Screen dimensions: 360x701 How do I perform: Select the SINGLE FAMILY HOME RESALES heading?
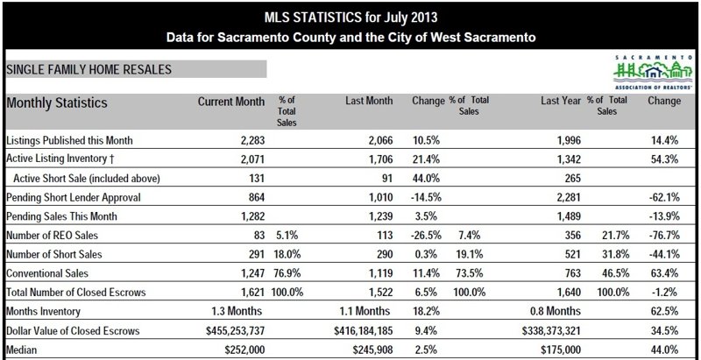pyautogui.click(x=89, y=68)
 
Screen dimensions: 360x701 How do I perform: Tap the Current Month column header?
pyautogui.click(x=230, y=102)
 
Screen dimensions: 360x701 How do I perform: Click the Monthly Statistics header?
pyautogui.click(x=57, y=102)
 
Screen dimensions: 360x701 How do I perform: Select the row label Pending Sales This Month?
pyautogui.click(x=61, y=216)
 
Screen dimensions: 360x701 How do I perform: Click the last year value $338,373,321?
pyautogui.click(x=535, y=330)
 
